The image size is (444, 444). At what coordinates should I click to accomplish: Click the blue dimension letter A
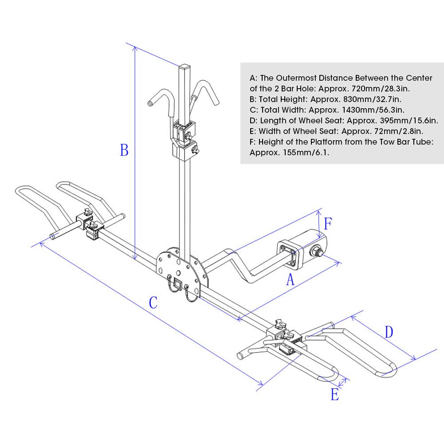tap(291, 280)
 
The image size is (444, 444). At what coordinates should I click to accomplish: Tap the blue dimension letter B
tap(124, 150)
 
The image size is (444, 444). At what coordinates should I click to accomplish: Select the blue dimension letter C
tap(153, 303)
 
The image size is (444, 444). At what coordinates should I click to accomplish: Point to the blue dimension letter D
tap(389, 332)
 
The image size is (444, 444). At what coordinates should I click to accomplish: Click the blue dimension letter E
tap(335, 394)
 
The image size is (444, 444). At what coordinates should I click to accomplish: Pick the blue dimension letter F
tap(328, 224)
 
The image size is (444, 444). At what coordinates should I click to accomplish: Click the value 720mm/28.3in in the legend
tap(380, 89)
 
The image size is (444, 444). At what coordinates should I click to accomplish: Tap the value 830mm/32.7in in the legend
tap(372, 99)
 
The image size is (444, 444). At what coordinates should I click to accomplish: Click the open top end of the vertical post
tap(185, 67)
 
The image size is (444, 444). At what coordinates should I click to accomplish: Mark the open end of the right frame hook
tap(217, 103)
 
